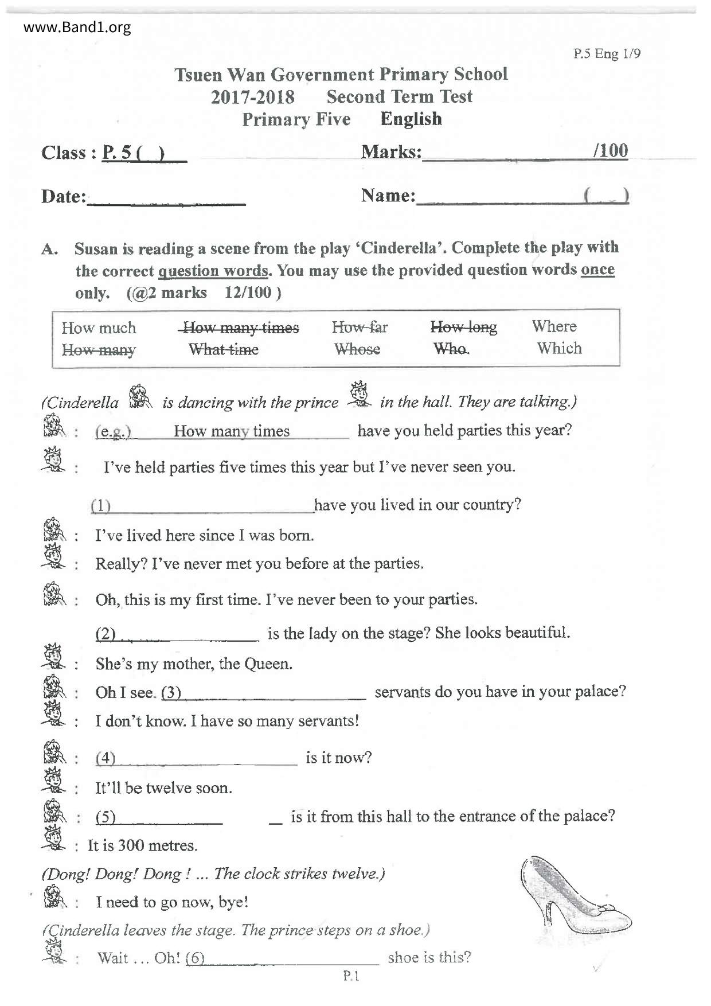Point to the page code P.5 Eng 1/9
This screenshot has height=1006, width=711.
607,54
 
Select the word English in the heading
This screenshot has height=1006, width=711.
411,119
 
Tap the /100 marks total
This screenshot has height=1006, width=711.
611,150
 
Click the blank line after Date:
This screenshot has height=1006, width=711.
166,201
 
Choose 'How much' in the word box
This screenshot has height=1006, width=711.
99,327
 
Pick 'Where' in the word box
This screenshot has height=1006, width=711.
554,326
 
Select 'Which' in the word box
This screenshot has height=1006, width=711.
559,348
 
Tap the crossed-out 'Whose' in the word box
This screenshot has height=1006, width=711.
357,349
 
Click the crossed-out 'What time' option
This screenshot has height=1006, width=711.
224,349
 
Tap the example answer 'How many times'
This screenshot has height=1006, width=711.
232,431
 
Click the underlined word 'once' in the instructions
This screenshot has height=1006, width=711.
597,269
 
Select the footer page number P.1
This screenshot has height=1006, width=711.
350,976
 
